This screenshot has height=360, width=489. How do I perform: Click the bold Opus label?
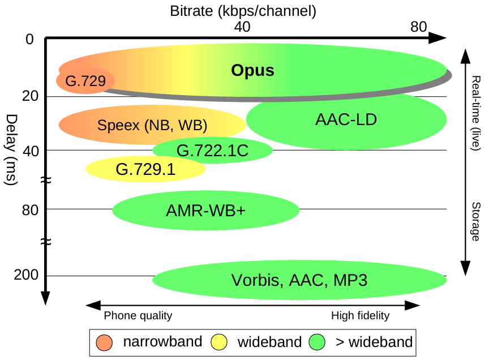click(x=252, y=71)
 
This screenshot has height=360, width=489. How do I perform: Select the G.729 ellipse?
click(x=85, y=80)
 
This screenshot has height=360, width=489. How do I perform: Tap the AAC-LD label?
click(x=346, y=120)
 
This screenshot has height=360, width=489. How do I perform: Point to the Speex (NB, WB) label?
click(x=152, y=125)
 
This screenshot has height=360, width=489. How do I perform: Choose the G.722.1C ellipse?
click(x=213, y=151)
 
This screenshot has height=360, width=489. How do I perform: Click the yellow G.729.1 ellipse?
click(x=145, y=169)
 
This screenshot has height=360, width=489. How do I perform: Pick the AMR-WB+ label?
click(x=206, y=211)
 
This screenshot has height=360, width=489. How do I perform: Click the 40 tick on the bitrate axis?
click(x=242, y=27)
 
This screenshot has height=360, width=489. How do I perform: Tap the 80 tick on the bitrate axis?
click(x=419, y=27)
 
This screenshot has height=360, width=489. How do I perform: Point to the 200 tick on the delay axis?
click(x=27, y=275)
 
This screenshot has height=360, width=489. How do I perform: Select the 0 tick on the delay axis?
click(x=30, y=39)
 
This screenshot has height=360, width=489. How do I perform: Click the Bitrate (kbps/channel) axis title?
click(x=243, y=10)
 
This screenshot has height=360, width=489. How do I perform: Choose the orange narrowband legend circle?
click(x=105, y=342)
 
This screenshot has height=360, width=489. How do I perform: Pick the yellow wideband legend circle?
click(x=218, y=342)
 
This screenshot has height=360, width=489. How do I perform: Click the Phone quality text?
click(x=138, y=316)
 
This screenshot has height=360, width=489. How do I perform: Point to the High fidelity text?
click(x=361, y=316)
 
